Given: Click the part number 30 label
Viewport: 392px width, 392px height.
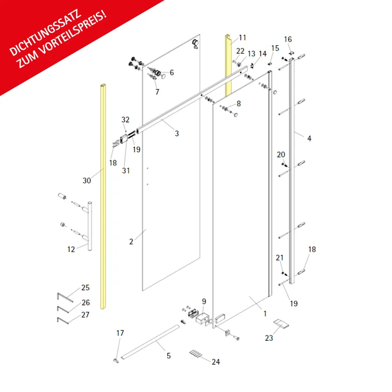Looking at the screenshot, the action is [x=87, y=181].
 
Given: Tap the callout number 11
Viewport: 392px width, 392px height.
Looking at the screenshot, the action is [x=242, y=38].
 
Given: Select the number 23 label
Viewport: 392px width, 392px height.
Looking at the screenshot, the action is [x=269, y=338].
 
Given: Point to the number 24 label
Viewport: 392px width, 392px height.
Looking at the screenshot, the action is [x=216, y=362].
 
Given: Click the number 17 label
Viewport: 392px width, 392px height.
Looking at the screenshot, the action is [x=120, y=333].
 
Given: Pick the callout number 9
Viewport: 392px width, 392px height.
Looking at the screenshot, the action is [x=204, y=302].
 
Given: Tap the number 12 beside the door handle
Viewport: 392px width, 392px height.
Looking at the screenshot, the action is [x=71, y=249].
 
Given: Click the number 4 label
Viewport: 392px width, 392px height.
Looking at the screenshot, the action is [x=309, y=139].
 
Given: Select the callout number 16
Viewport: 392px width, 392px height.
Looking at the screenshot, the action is [x=288, y=39].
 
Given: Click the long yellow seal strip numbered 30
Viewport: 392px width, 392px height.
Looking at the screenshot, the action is [x=103, y=197].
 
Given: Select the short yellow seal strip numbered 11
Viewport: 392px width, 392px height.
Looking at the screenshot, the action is [x=228, y=65].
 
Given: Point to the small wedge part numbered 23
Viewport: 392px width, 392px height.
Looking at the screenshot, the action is [x=281, y=324].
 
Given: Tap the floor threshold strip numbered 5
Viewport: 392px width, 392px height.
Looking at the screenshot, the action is [x=150, y=342].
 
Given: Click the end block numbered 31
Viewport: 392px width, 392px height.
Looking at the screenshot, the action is [x=124, y=139].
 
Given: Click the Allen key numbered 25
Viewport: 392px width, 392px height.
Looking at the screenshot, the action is [x=65, y=298].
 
